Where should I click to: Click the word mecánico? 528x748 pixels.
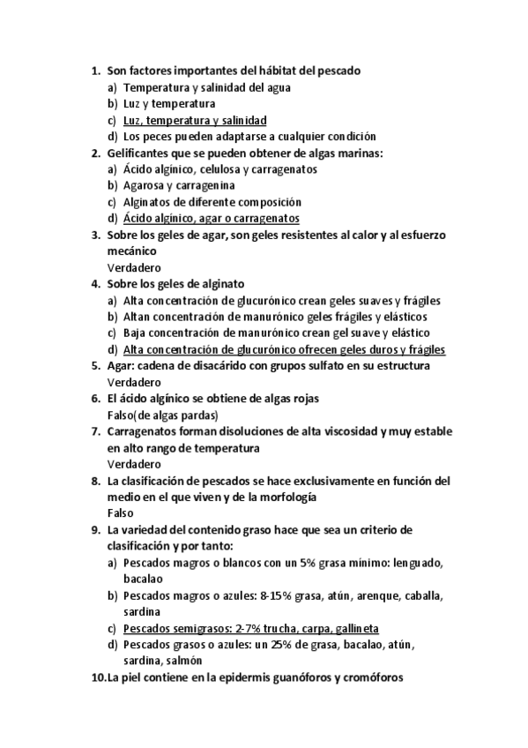click(133, 251)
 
